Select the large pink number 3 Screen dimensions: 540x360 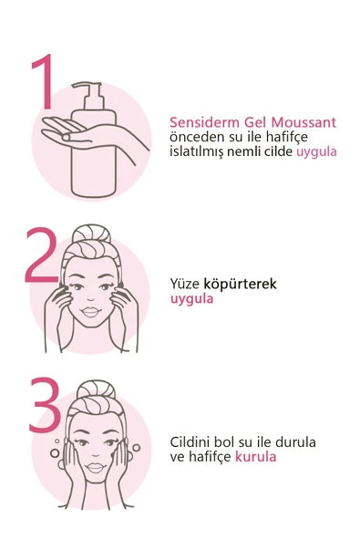coord(43,406)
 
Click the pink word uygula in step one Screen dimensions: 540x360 coord(316,151)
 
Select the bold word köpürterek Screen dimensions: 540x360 coord(240,284)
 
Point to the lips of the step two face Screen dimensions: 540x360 coord(92,315)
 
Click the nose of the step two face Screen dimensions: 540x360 coord(92,297)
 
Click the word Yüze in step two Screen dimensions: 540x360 coord(185,284)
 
